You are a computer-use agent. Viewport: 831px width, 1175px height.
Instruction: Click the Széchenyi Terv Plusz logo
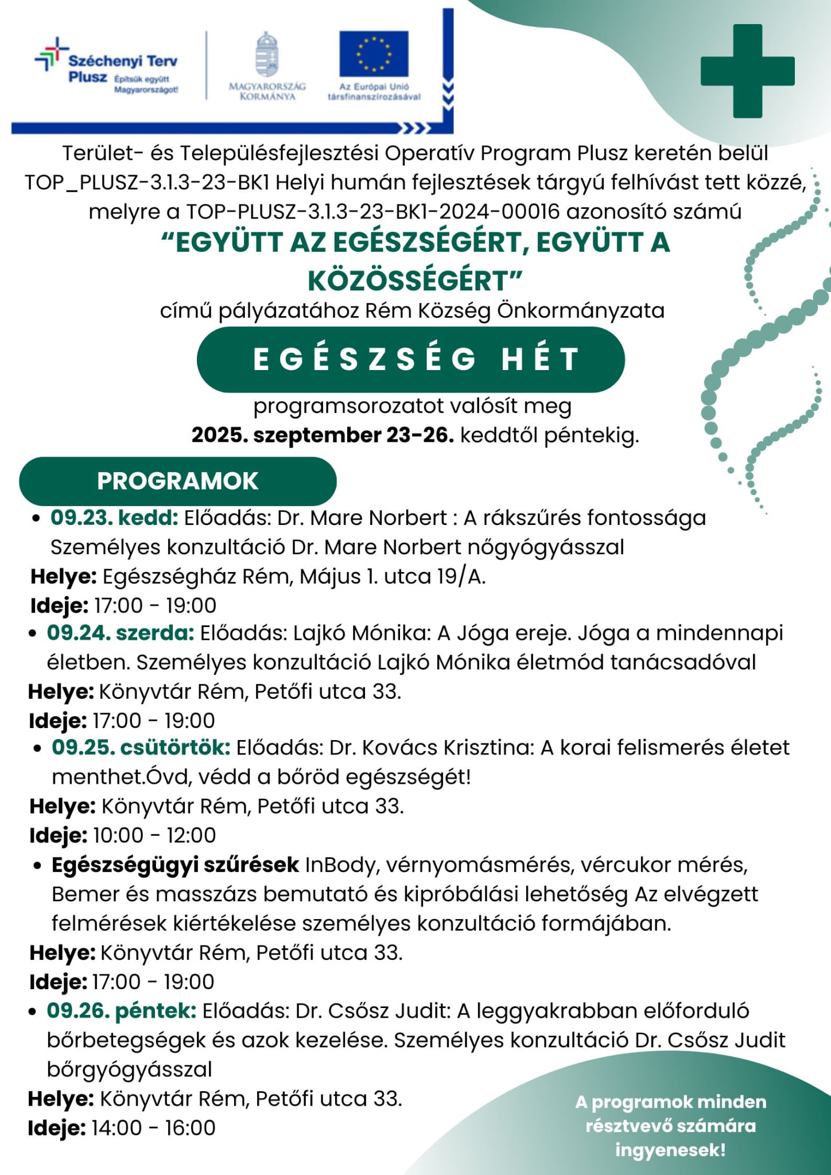coord(107,68)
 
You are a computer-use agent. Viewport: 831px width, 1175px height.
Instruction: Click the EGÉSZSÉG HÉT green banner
coord(410,360)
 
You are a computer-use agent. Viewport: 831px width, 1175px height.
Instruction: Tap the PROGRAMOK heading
coord(178,481)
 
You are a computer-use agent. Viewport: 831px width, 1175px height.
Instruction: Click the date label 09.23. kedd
coord(115,518)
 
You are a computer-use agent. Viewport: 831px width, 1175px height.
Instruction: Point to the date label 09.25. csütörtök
coord(141,748)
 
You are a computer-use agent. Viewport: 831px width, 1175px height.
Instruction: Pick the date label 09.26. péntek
coord(122,1010)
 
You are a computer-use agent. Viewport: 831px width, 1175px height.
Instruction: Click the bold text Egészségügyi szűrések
coord(175,865)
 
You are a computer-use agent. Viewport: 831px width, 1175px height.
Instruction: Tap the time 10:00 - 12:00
coord(154,835)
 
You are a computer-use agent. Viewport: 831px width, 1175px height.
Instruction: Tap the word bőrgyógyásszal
coord(130,1069)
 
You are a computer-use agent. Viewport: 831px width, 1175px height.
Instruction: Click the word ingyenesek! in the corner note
coord(670,1150)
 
